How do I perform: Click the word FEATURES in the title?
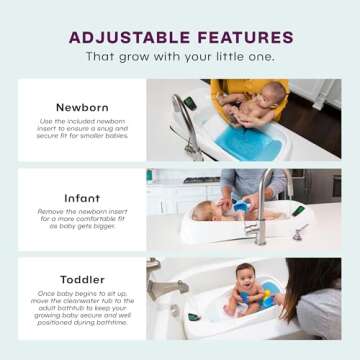click(241, 37)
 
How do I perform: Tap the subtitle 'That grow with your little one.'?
click(180, 57)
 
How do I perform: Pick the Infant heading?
click(81, 198)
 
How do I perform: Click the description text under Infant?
click(81, 220)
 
